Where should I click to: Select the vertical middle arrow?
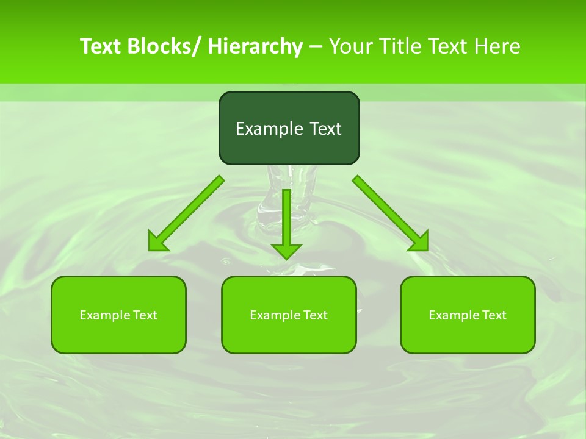point(286,220)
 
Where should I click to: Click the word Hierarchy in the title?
point(255,46)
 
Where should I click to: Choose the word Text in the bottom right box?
point(494,315)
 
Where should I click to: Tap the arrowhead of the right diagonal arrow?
point(421,243)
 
